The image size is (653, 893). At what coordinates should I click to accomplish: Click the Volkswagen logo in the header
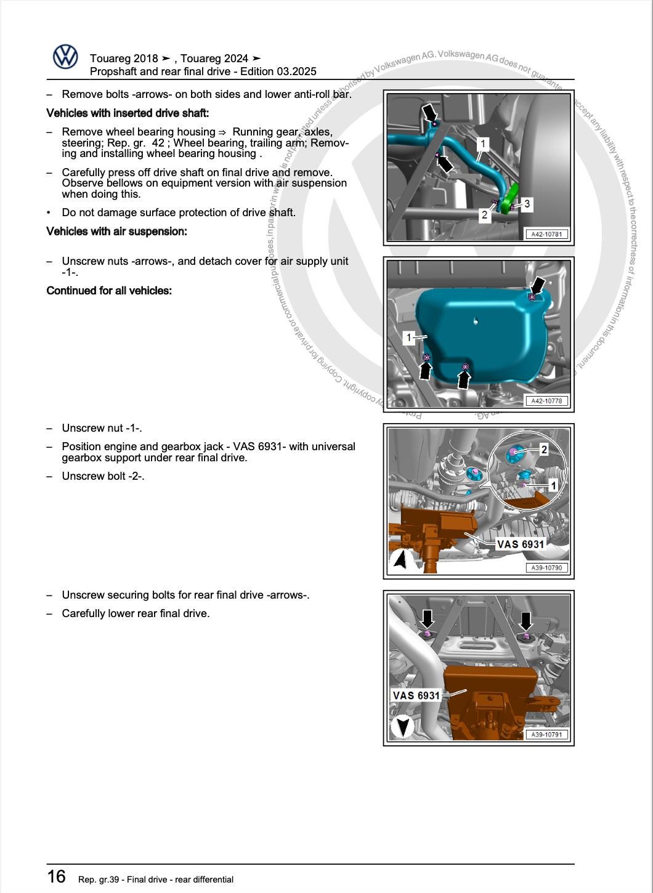point(65,57)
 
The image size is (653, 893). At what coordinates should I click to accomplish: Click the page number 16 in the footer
point(56,876)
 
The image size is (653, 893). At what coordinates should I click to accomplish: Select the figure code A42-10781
point(546,234)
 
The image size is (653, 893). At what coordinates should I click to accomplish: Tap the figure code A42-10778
point(546,401)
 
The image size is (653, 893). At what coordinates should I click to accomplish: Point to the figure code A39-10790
point(546,568)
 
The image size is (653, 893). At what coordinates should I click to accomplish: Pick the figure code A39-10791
point(546,735)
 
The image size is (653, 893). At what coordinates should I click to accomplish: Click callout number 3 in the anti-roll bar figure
point(527,203)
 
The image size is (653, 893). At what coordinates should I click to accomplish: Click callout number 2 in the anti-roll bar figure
point(485,215)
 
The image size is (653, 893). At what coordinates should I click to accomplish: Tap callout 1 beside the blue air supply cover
point(409,337)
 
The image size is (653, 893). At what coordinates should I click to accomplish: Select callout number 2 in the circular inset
point(544,450)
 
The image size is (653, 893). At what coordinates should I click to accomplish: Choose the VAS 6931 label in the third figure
point(521,544)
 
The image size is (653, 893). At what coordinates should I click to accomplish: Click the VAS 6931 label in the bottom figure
point(416,695)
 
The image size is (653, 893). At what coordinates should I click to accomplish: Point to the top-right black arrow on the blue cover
point(538,285)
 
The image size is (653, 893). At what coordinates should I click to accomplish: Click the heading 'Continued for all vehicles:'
point(109,291)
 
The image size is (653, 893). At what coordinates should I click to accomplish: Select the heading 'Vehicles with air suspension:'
point(116,232)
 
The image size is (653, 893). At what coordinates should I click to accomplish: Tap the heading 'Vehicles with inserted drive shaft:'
point(128,113)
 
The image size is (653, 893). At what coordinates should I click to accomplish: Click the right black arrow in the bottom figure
point(525,620)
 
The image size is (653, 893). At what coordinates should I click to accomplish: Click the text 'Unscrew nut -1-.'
point(102,428)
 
